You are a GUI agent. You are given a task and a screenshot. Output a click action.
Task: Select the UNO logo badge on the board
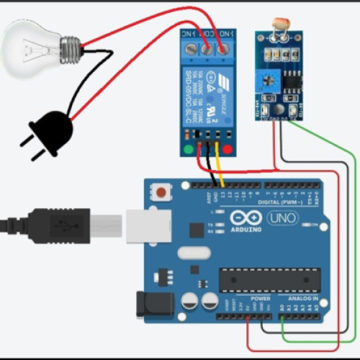click(x=282, y=218)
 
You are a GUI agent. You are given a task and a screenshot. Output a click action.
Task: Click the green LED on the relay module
click(x=189, y=150)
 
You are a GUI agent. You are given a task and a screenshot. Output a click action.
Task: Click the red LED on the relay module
click(x=228, y=150)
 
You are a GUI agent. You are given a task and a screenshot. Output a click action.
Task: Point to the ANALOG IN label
click(x=303, y=297)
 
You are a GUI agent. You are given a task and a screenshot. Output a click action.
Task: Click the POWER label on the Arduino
click(x=260, y=297)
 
